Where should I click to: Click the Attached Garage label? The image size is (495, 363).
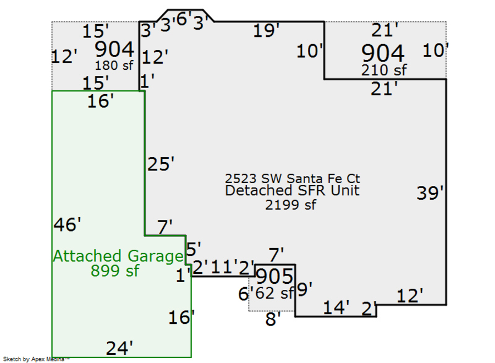coord(118,256)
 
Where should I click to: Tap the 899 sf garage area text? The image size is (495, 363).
coord(115,271)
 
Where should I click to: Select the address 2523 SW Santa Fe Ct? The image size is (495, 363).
coord(293,179)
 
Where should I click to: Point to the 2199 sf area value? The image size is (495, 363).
coord(291,205)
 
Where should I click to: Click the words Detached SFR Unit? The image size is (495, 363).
coord(293,191)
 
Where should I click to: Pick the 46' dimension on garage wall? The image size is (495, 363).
coord(68,224)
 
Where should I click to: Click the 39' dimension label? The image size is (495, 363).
coord(430,193)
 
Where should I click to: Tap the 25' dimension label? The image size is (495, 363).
coord(161,164)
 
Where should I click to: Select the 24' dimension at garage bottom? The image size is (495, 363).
coord(119,348)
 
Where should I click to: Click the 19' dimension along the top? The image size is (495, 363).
coord(267,31)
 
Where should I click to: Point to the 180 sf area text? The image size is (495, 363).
coord(114,65)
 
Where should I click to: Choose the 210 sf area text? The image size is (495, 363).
coord(383,70)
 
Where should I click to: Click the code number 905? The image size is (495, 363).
coord(275,277)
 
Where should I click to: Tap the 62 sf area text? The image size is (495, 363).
coord(273,293)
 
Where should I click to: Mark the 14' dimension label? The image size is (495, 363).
coord(335,308)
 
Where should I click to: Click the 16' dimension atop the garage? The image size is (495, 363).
coord(101,101)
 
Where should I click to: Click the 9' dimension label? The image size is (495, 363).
coord(304,289)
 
